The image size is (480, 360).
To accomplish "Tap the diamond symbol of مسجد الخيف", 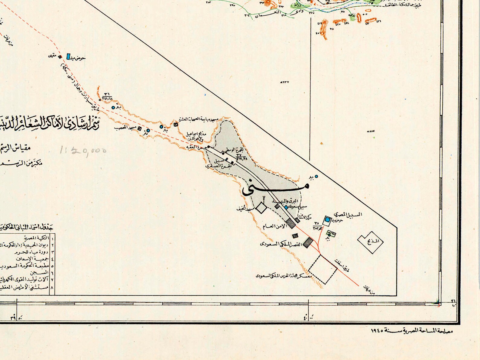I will click(x=261, y=208).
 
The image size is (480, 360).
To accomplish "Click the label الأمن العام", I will click(x=274, y=226).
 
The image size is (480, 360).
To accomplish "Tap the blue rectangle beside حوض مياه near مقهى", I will click(x=68, y=56).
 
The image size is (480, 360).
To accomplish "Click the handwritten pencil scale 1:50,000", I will click(x=83, y=150).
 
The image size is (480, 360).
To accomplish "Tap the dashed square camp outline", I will click(x=323, y=269).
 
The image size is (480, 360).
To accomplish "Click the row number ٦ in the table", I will click(x=52, y=272).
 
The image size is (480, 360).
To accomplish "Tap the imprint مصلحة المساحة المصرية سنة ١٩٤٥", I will click(x=412, y=331).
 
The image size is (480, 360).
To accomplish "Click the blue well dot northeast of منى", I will click(x=316, y=176).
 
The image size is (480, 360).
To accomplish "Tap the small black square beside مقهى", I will click(x=60, y=57).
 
